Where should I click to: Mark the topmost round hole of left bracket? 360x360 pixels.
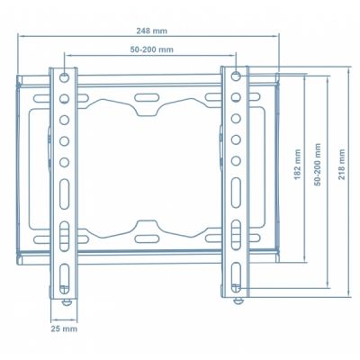click(65, 78)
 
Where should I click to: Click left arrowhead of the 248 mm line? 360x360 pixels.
click(21, 37)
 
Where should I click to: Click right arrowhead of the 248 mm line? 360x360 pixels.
click(278, 37)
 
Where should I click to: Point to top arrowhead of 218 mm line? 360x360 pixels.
click(348, 67)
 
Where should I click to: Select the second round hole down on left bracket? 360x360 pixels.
click(66, 97)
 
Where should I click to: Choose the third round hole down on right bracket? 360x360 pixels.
click(235, 119)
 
